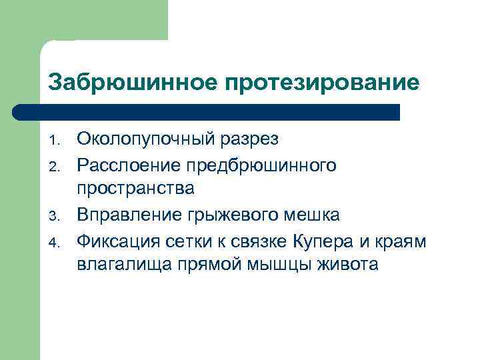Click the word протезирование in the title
322,83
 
